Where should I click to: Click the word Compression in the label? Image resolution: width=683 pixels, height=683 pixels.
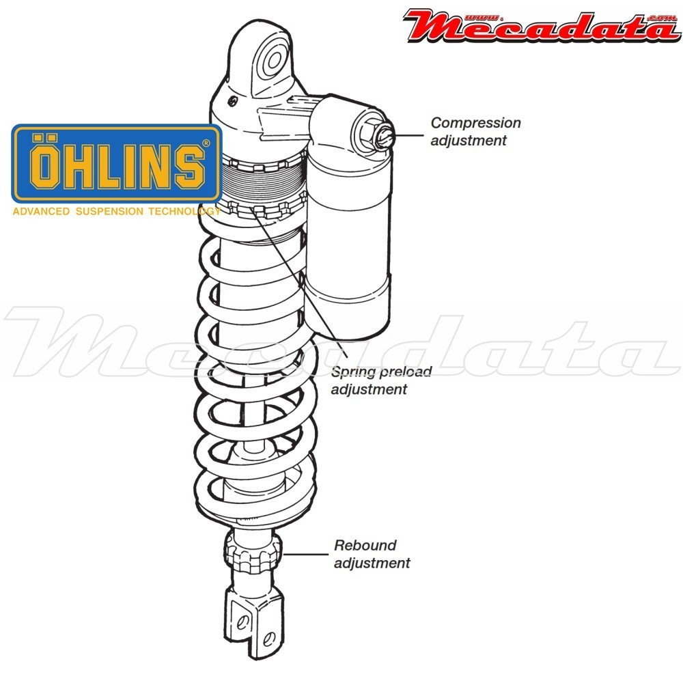pyautogui.click(x=475, y=123)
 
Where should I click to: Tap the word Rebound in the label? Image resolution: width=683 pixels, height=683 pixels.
pyautogui.click(x=365, y=546)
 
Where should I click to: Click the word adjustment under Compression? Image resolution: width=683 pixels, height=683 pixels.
pyautogui.click(x=469, y=141)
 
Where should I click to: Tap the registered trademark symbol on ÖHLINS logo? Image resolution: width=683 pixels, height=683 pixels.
pyautogui.click(x=206, y=145)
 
